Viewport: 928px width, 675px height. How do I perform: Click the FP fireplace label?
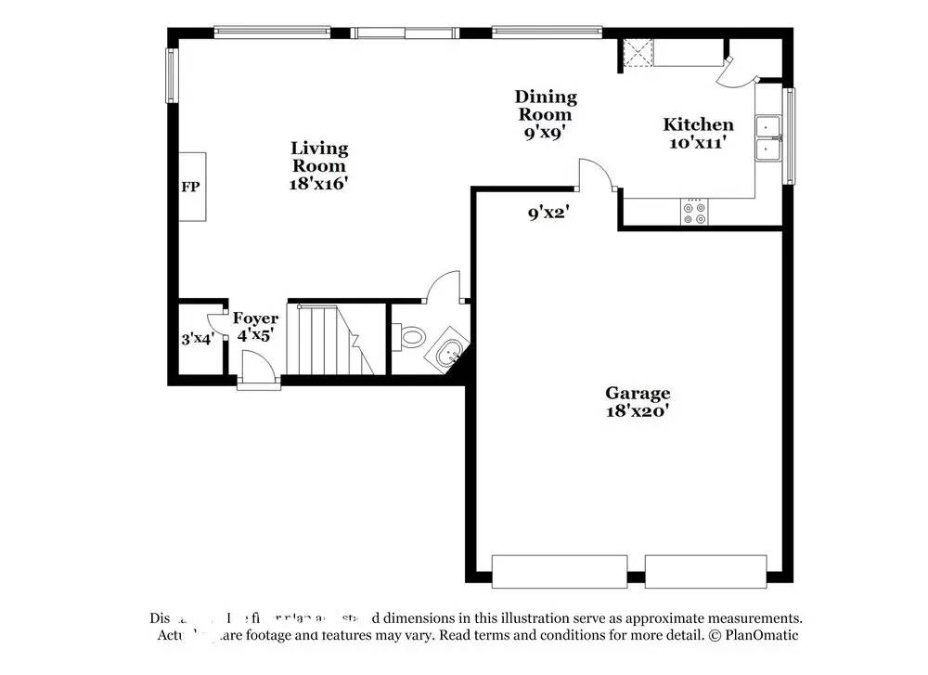point(189,188)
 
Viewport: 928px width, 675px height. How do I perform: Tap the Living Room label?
point(319,165)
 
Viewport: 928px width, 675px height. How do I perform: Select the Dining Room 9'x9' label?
point(546,114)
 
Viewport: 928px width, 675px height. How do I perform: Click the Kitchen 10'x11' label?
point(697,133)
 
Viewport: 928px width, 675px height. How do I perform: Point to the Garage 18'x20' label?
point(637,402)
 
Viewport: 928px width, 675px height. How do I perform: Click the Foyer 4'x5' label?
point(254,327)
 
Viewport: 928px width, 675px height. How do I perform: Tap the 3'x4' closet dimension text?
point(197,339)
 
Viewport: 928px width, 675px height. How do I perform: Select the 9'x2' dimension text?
point(548,214)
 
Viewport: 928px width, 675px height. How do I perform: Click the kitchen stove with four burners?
point(694,213)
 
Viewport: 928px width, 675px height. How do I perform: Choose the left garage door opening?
point(559,571)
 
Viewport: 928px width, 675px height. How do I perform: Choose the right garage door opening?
point(705,571)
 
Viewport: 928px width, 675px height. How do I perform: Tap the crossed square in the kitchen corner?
point(638,53)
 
